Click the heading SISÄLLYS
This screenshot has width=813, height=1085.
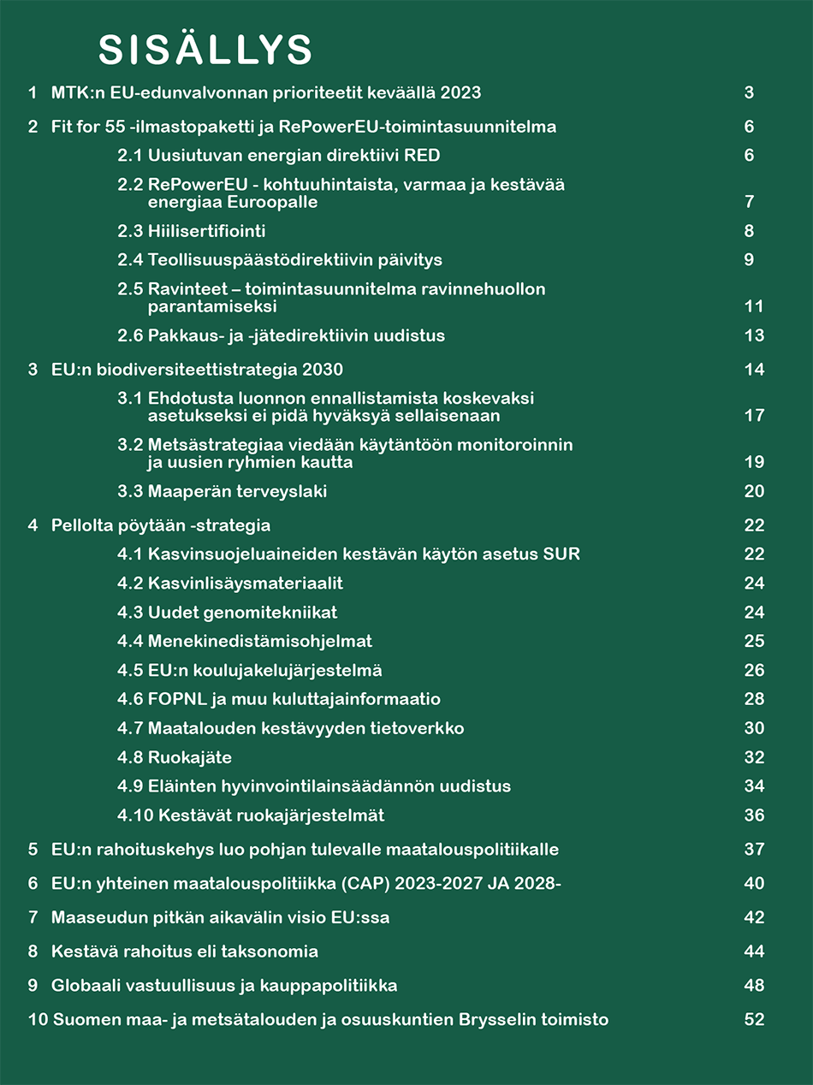pos(205,50)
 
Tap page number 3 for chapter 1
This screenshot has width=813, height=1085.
pos(749,92)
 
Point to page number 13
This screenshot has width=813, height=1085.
pos(754,335)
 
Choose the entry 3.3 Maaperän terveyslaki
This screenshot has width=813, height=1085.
pos(223,491)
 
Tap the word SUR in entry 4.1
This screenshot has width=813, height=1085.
pos(561,554)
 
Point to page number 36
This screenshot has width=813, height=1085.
pos(754,815)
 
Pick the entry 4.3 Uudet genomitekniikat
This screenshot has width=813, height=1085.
pos(228,613)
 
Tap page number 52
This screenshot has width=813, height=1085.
pos(754,1019)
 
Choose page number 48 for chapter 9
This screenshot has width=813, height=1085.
pos(754,985)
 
